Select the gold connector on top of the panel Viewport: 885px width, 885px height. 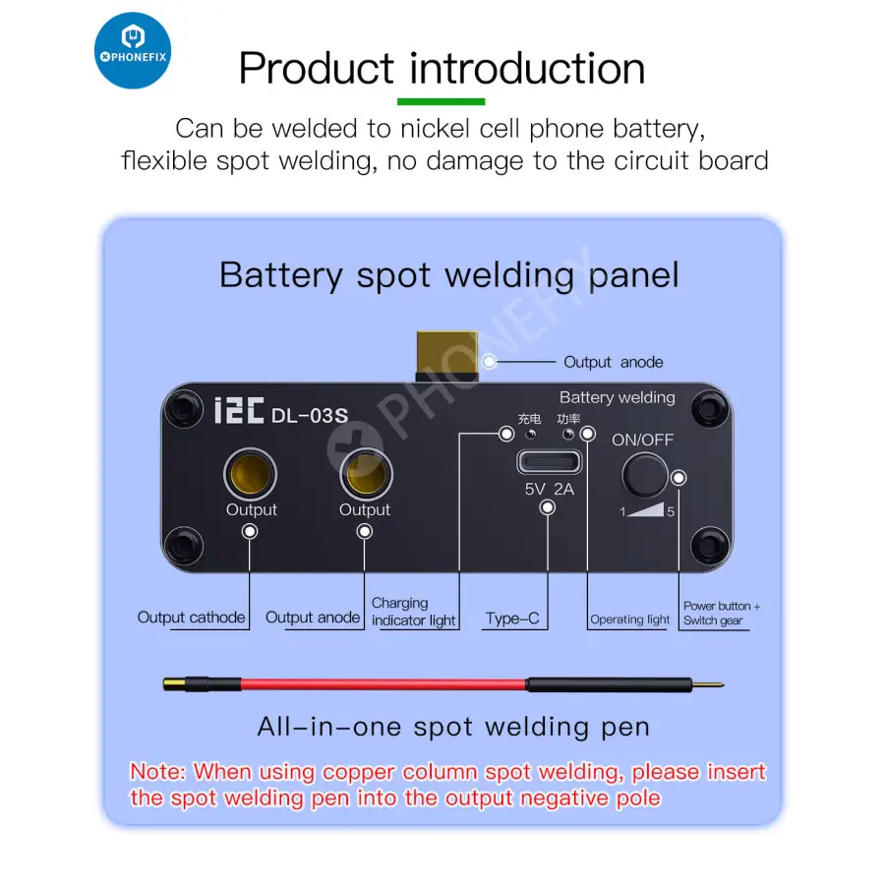pos(448,356)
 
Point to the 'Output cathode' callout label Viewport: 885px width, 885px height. pos(191,618)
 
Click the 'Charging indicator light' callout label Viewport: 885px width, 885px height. pos(413,612)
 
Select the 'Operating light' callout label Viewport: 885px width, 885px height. pos(629,619)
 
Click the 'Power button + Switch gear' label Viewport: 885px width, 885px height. pos(721,614)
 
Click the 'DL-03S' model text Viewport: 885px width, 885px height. pos(309,414)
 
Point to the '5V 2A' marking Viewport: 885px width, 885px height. pos(549,489)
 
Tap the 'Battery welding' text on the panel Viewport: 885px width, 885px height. pos(617,397)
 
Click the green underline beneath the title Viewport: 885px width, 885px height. pos(441,101)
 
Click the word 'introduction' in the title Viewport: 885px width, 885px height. pos(527,69)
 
